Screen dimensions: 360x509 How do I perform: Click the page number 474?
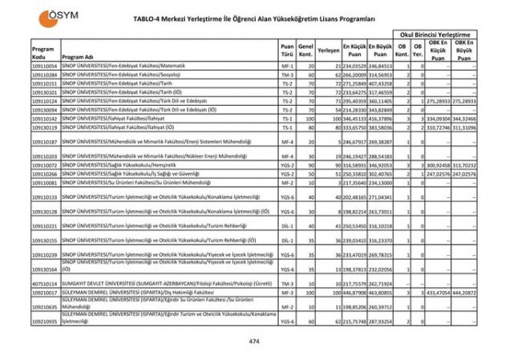coord(254,342)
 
